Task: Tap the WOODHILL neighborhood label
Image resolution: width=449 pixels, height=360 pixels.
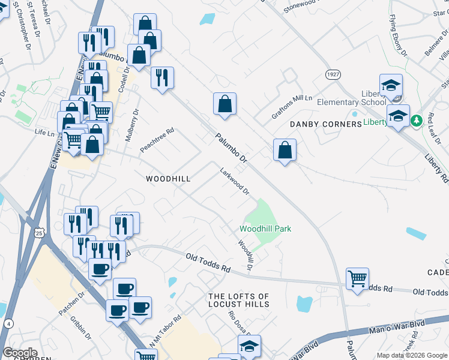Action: [x=169, y=179]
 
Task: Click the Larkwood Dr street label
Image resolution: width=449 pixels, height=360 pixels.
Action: [x=234, y=181]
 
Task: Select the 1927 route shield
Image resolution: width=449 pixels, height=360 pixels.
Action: [x=333, y=74]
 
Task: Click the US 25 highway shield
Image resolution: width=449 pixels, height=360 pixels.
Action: [x=40, y=232]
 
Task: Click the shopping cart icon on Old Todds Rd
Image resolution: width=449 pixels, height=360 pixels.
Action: [x=357, y=278]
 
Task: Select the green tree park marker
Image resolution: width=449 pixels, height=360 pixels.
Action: [x=415, y=121]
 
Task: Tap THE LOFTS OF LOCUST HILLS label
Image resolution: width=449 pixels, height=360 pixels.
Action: [x=238, y=300]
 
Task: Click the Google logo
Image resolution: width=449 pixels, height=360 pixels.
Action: [x=20, y=352]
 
